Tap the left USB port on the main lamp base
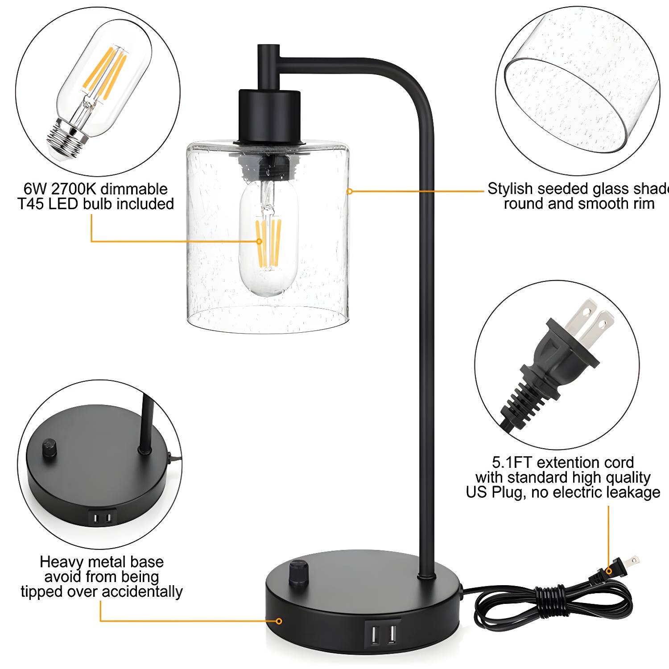click(373, 635)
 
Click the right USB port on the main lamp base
click(392, 635)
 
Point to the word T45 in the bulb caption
click(31, 204)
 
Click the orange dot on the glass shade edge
click(350, 191)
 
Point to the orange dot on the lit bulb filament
click(259, 241)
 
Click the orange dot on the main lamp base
click(279, 621)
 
